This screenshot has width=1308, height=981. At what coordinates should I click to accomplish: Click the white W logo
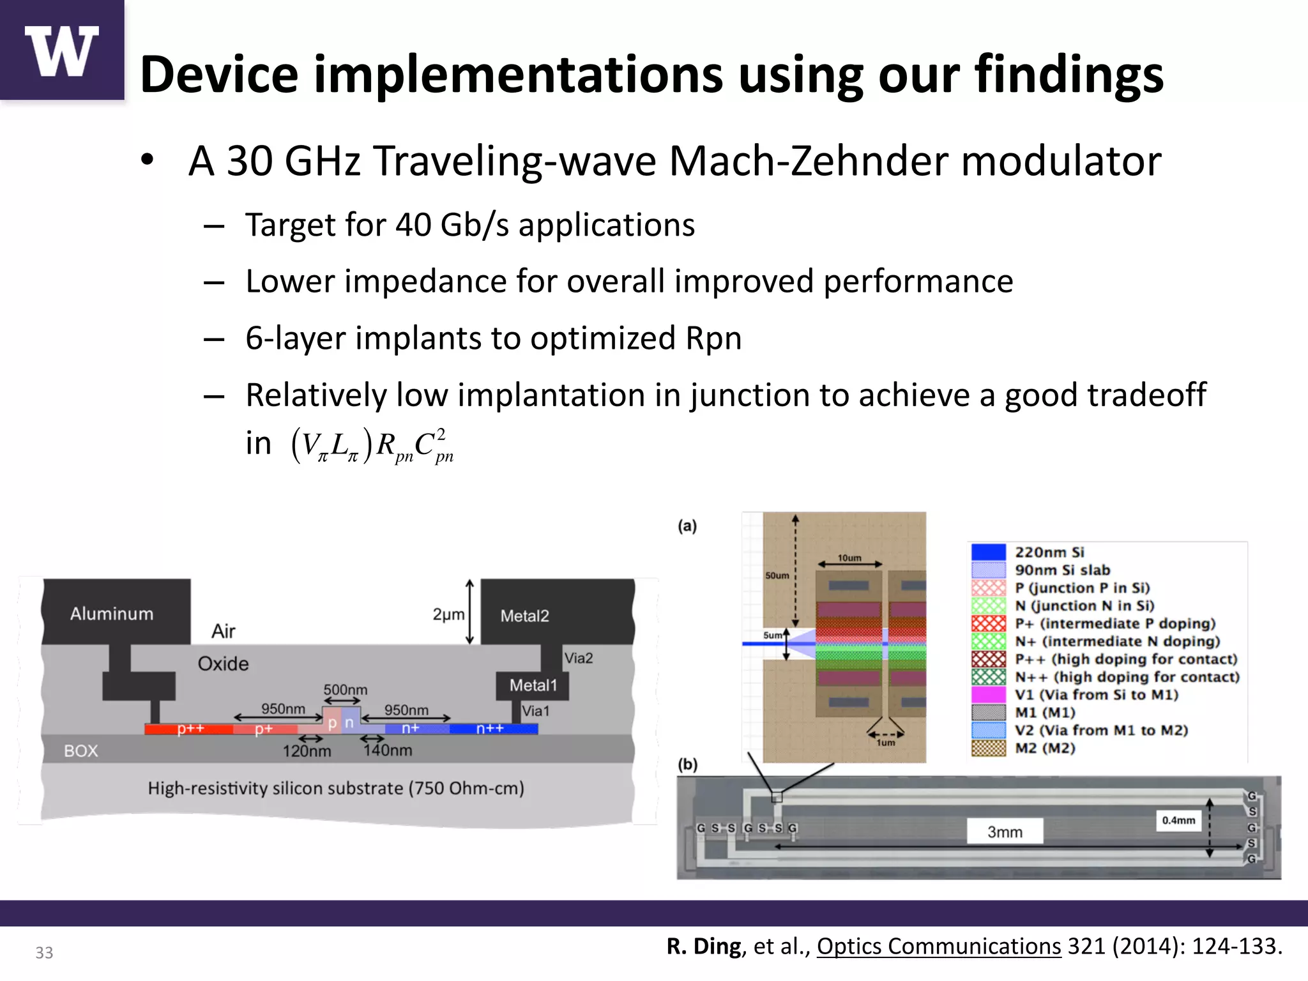(x=62, y=51)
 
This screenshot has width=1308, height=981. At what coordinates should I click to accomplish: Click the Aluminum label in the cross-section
(x=112, y=614)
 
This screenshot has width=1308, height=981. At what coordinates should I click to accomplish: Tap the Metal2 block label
(x=524, y=616)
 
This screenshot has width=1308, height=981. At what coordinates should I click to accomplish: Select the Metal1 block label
(x=533, y=685)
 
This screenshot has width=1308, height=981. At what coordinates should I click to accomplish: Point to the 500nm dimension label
(x=345, y=690)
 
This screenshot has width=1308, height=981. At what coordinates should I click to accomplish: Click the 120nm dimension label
(x=307, y=751)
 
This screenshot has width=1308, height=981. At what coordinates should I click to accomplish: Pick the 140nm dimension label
(x=388, y=750)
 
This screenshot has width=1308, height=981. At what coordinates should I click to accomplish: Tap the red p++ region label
(x=190, y=729)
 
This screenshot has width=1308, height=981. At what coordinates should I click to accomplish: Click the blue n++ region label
(x=490, y=729)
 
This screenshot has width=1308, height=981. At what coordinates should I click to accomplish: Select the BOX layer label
(x=81, y=750)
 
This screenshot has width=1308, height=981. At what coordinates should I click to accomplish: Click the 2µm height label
(x=448, y=614)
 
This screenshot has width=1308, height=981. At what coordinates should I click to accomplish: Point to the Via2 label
(x=578, y=658)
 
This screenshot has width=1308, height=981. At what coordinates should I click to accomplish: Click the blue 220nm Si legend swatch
(x=988, y=552)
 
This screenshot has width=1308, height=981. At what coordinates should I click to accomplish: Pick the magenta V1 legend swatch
(x=988, y=694)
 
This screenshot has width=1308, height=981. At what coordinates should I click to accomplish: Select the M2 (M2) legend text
(x=1045, y=748)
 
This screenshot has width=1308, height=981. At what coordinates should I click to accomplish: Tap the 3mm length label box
(x=1005, y=832)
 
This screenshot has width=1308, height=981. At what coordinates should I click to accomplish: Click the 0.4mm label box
(x=1178, y=821)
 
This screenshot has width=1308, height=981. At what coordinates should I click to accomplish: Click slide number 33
(x=44, y=952)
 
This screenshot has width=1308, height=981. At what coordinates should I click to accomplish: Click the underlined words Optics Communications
(x=938, y=946)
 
